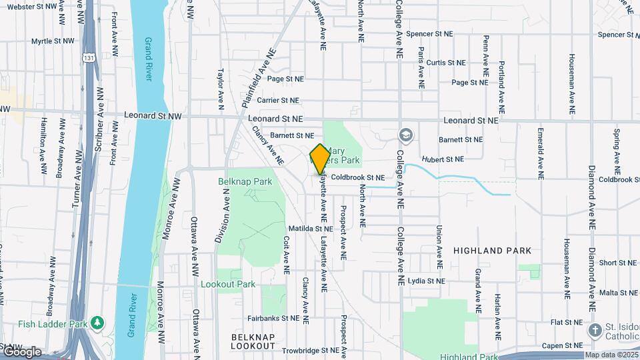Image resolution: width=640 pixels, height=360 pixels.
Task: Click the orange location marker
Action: (x=320, y=159)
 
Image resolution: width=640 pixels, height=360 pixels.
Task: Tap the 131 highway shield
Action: (x=89, y=58)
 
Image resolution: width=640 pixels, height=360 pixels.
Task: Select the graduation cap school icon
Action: (x=405, y=136)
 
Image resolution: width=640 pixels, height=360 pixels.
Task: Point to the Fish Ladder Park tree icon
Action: (x=98, y=323)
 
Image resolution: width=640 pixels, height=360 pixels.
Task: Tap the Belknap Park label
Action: (x=245, y=181)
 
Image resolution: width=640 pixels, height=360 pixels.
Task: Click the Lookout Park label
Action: (x=228, y=284)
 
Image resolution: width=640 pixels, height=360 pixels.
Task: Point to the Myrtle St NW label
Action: (x=55, y=41)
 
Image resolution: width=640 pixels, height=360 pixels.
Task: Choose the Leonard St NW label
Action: (x=153, y=116)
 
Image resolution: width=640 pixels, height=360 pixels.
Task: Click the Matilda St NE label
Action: (x=309, y=229)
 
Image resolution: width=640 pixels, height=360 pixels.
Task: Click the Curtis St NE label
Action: (x=446, y=62)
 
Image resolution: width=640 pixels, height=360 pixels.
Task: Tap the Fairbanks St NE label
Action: (x=275, y=319)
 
